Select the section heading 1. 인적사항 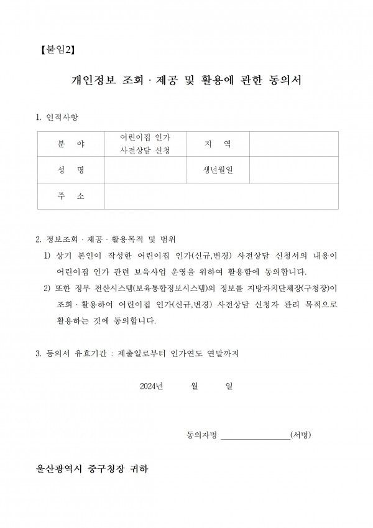pyautogui.click(x=58, y=118)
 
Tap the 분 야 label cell pyautogui.click(x=70, y=144)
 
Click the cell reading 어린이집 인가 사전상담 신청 pyautogui.click(x=145, y=144)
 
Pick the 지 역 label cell pyautogui.click(x=218, y=144)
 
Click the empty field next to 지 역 pyautogui.click(x=294, y=144)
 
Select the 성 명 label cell pyautogui.click(x=70, y=170)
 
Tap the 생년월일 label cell pyautogui.click(x=218, y=170)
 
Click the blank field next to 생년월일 pyautogui.click(x=294, y=170)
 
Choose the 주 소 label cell pyautogui.click(x=70, y=196)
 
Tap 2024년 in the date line pyautogui.click(x=152, y=386)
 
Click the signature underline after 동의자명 pyautogui.click(x=255, y=435)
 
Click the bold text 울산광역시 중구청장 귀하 pyautogui.click(x=93, y=468)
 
